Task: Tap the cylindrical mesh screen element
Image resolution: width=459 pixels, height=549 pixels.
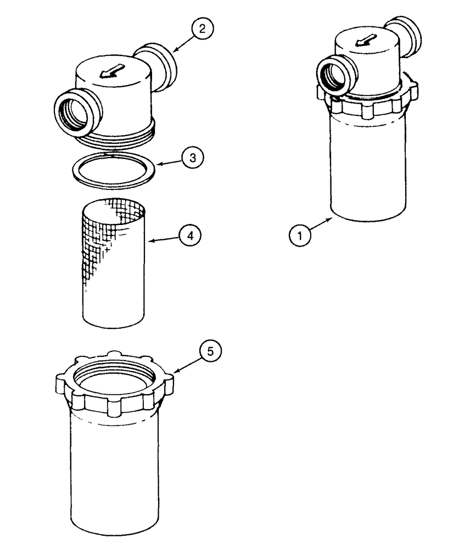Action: coord(114,264)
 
